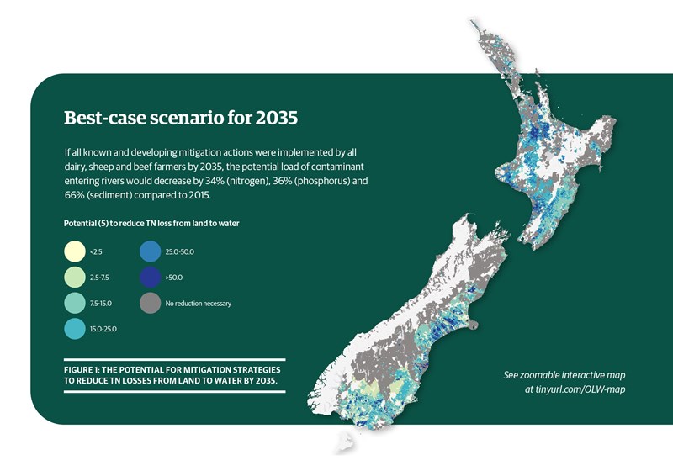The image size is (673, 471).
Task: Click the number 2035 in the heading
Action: pos(276,118)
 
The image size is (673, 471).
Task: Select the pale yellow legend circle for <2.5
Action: pos(75,251)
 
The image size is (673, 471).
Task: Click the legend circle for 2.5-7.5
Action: pos(75,277)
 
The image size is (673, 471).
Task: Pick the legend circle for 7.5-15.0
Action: pos(75,303)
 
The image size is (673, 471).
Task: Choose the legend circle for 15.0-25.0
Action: pos(75,329)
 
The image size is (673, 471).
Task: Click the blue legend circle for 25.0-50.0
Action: pos(151,251)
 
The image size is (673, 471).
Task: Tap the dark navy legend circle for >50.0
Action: pos(151,277)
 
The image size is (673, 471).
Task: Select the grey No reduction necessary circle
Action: pos(151,303)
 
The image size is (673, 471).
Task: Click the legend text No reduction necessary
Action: pos(199,304)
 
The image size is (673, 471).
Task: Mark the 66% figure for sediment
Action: pos(74,195)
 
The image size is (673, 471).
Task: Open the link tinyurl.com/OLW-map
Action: pos(575,389)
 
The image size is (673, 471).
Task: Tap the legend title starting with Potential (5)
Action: pos(151,223)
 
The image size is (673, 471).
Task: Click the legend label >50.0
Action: pos(174,278)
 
